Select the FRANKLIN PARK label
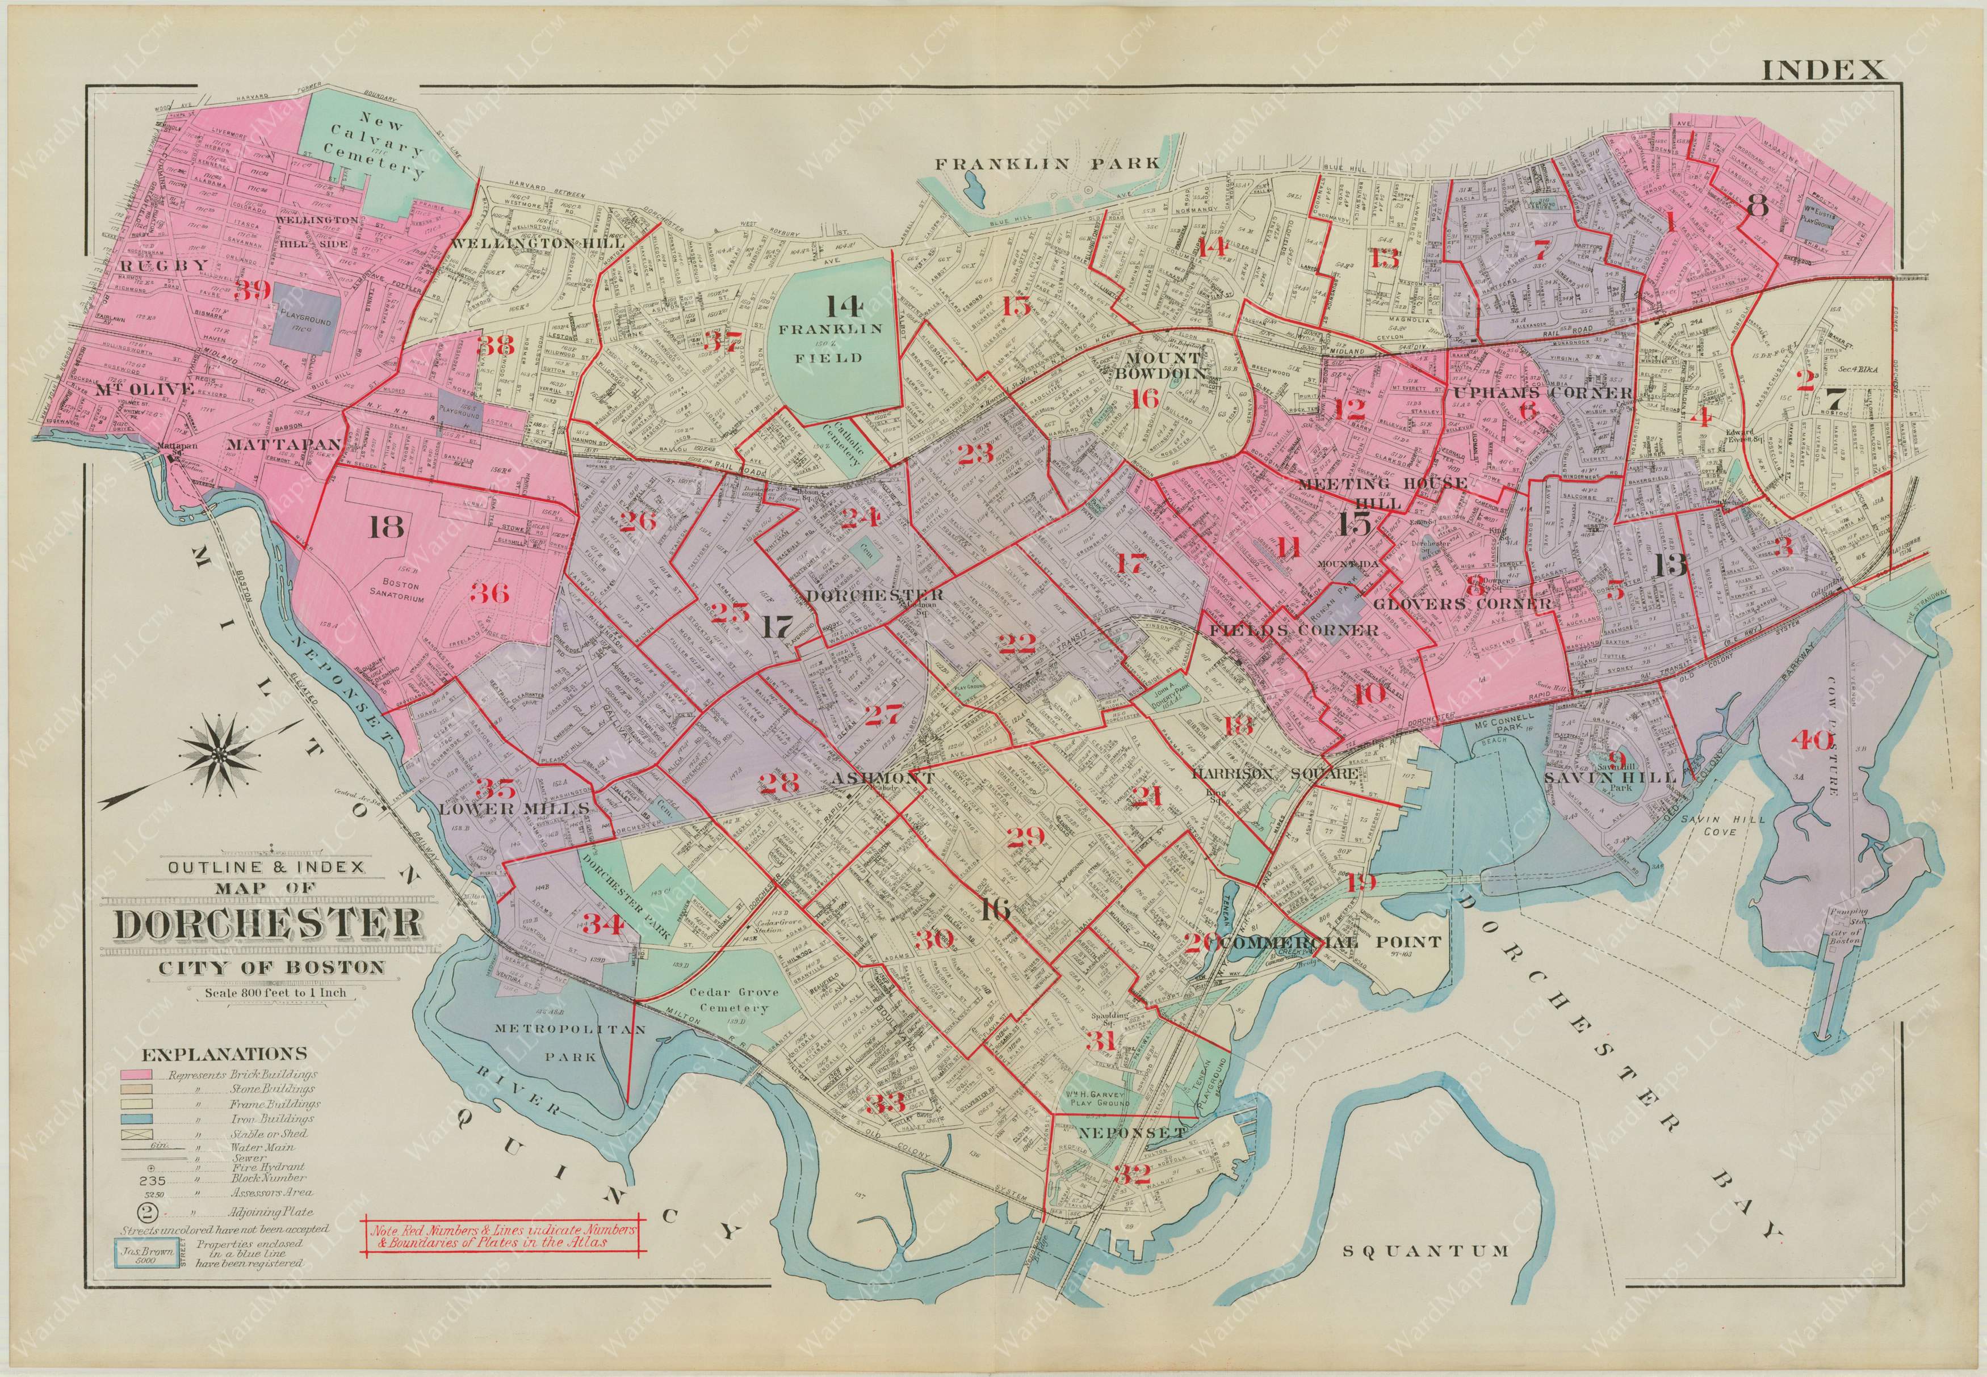1048,163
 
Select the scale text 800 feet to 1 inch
275,993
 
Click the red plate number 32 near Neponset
1131,1174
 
